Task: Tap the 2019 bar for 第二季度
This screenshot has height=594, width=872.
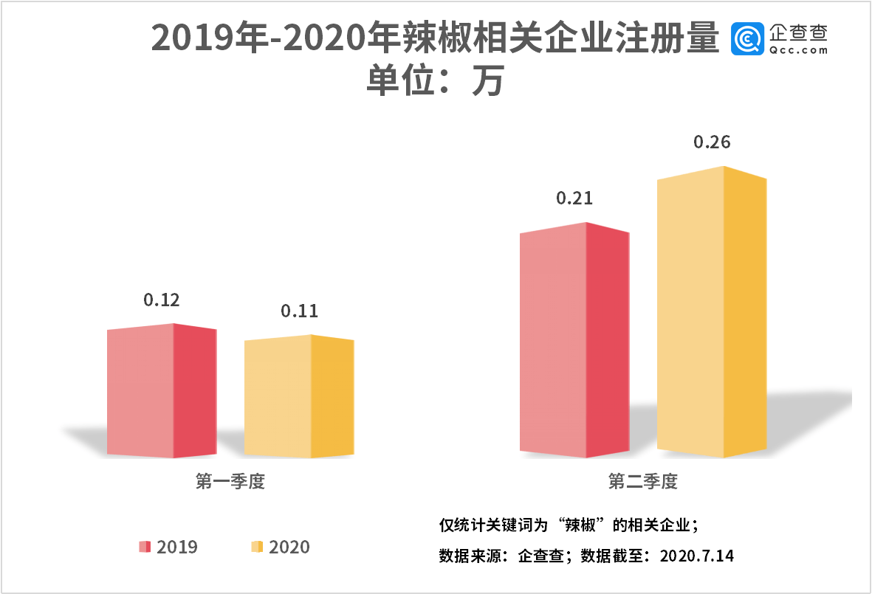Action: coord(574,340)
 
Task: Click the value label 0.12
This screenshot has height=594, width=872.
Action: coord(162,300)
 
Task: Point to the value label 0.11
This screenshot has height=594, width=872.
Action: coord(299,311)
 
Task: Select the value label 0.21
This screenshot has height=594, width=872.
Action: coord(574,198)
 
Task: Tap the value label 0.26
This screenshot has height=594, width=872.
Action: coord(712,142)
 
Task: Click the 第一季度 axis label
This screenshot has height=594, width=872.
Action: coord(230,483)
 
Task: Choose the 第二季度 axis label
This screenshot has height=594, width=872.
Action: coord(643,483)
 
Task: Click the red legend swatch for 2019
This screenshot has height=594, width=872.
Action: coord(145,547)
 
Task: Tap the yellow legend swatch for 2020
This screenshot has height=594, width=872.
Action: coord(257,547)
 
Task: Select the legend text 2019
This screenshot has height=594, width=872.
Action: coord(177,547)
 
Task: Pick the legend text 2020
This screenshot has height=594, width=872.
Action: coord(289,547)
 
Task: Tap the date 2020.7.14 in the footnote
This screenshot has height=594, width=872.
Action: coord(700,556)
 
